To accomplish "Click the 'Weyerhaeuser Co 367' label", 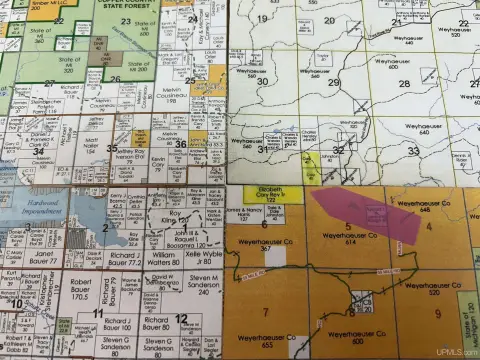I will click(x=266, y=244).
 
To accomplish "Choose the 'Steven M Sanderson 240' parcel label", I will click(x=202, y=286).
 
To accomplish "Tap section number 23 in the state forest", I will click(x=125, y=20).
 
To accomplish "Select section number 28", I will click(x=404, y=83).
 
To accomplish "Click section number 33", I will click(x=413, y=150).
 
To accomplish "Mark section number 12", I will click(x=181, y=319).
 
